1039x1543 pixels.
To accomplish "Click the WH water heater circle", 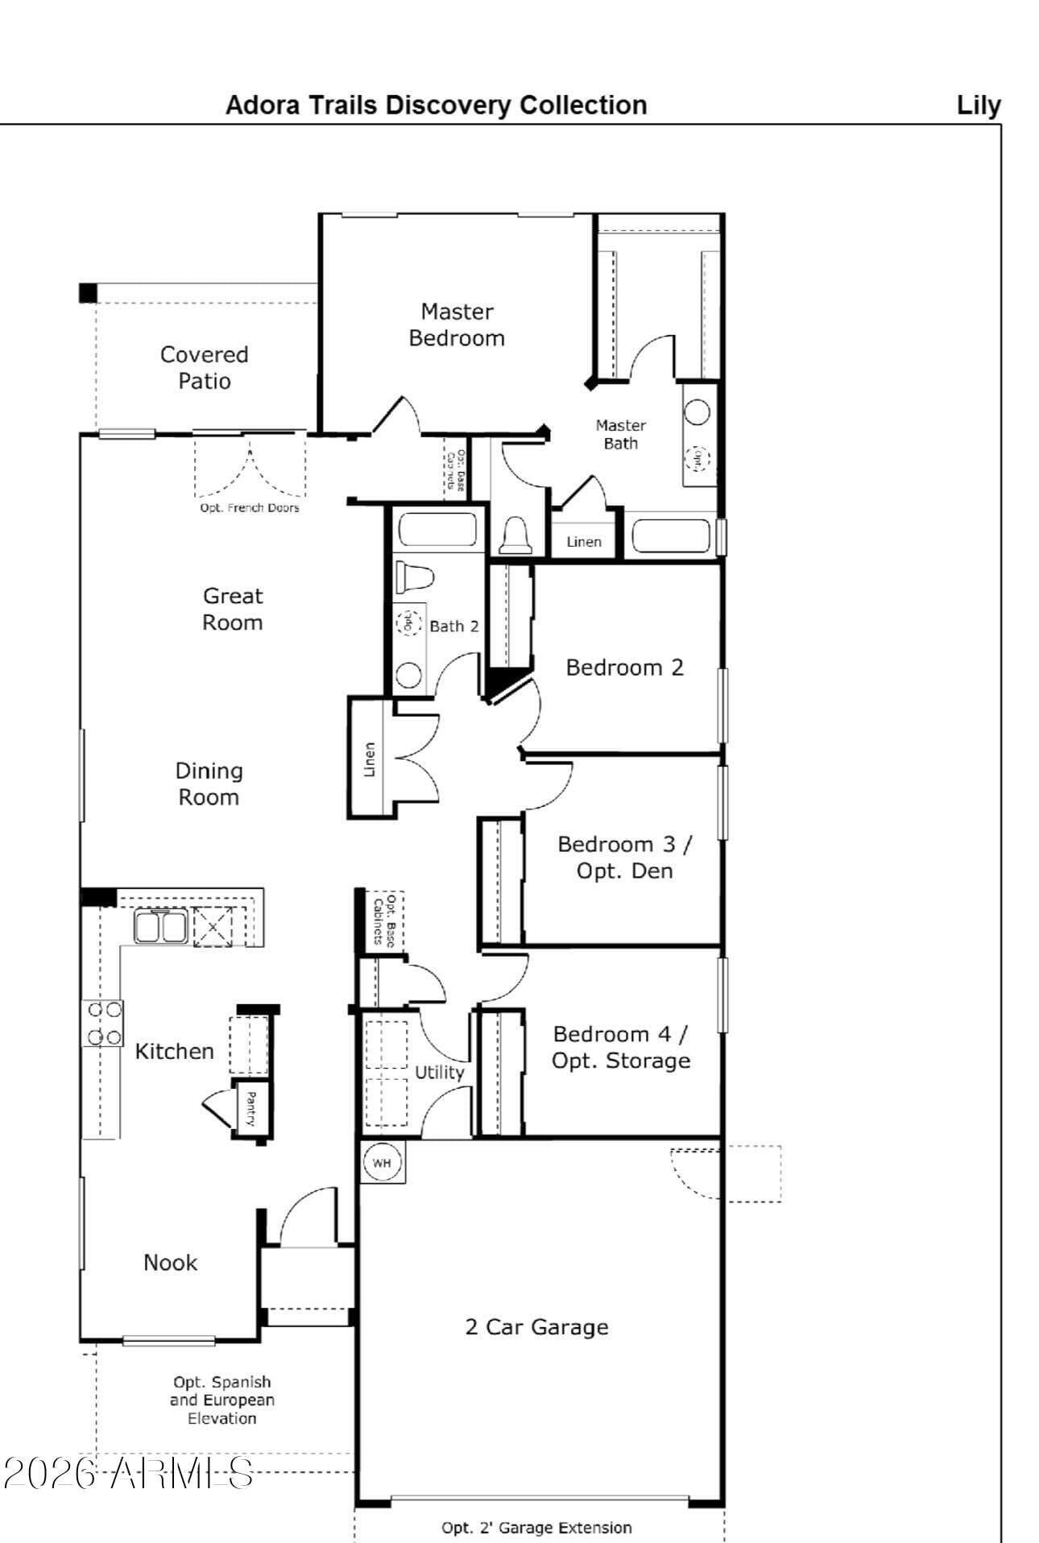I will click(381, 1163).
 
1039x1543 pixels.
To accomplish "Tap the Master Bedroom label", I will click(457, 325).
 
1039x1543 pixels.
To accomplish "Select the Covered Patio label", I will click(204, 367).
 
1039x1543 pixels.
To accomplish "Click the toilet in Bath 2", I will click(414, 577).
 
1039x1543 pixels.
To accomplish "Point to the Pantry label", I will click(250, 1109).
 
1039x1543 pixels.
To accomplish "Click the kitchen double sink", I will click(160, 926).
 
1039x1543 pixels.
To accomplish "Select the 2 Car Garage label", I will click(536, 1326).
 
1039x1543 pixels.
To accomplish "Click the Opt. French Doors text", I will click(250, 508).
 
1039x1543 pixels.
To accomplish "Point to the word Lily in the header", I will click(978, 105).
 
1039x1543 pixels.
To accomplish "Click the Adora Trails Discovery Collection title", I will click(436, 105).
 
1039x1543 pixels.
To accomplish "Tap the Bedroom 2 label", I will click(624, 667).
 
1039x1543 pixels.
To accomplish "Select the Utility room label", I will click(439, 1072).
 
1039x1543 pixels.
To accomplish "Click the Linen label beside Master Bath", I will click(584, 542).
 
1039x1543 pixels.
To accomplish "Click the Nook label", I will click(170, 1262).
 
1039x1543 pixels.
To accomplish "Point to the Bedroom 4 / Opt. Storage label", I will click(620, 1047).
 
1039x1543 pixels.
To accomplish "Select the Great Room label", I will click(232, 609).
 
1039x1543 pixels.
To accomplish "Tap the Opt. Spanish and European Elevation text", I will click(222, 1400).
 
